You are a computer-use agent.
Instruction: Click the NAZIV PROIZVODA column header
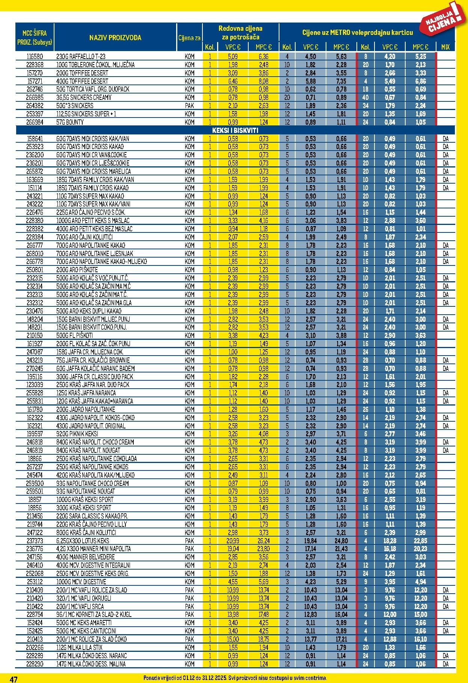tap(115, 38)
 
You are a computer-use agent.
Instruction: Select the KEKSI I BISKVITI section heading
tap(235, 130)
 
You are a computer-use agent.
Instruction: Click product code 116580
tap(35, 57)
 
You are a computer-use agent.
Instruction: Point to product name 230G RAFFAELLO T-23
tap(81, 57)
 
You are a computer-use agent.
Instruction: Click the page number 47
tap(14, 679)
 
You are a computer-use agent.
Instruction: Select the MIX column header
tap(445, 47)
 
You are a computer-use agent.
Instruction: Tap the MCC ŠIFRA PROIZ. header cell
tap(35, 38)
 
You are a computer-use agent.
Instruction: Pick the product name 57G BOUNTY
tap(70, 122)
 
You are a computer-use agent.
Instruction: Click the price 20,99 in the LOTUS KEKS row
tap(233, 541)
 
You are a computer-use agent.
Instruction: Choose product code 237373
tap(35, 541)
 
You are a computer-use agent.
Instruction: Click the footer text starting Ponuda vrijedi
tap(235, 678)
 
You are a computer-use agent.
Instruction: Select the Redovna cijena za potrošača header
tap(240, 33)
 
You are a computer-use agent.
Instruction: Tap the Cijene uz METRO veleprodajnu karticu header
tap(358, 33)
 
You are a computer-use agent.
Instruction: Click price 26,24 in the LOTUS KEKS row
tap(264, 541)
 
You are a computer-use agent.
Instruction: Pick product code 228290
tap(35, 664)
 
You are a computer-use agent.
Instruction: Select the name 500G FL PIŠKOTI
tap(74, 335)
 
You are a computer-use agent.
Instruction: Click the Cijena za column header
tap(189, 38)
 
